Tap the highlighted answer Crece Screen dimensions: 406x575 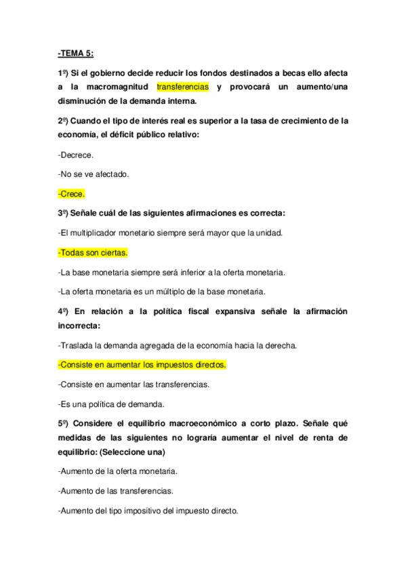coord(71,194)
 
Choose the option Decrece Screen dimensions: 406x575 coord(76,155)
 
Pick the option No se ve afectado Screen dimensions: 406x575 coord(94,174)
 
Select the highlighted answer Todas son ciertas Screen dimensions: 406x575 coord(93,253)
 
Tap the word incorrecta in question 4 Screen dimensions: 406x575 coord(81,326)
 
